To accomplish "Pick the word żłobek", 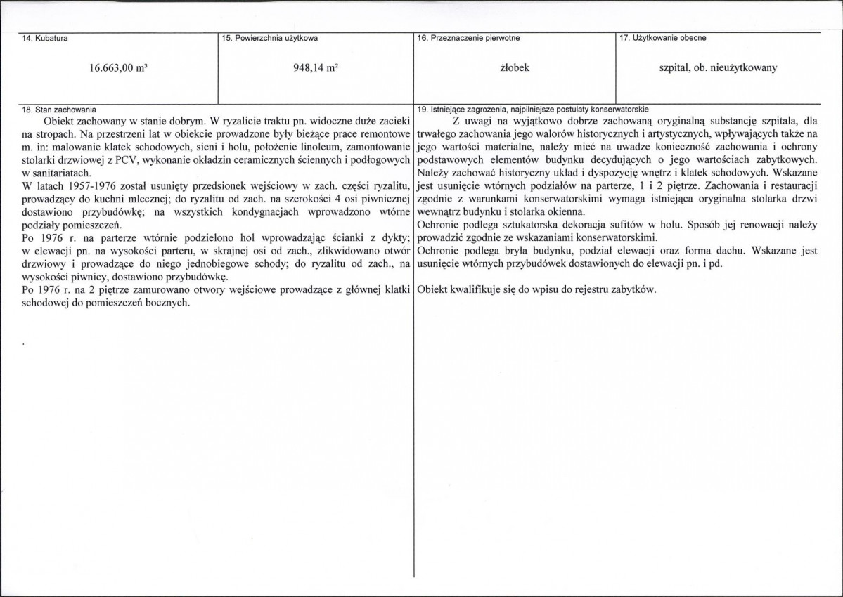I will click(x=514, y=69).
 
